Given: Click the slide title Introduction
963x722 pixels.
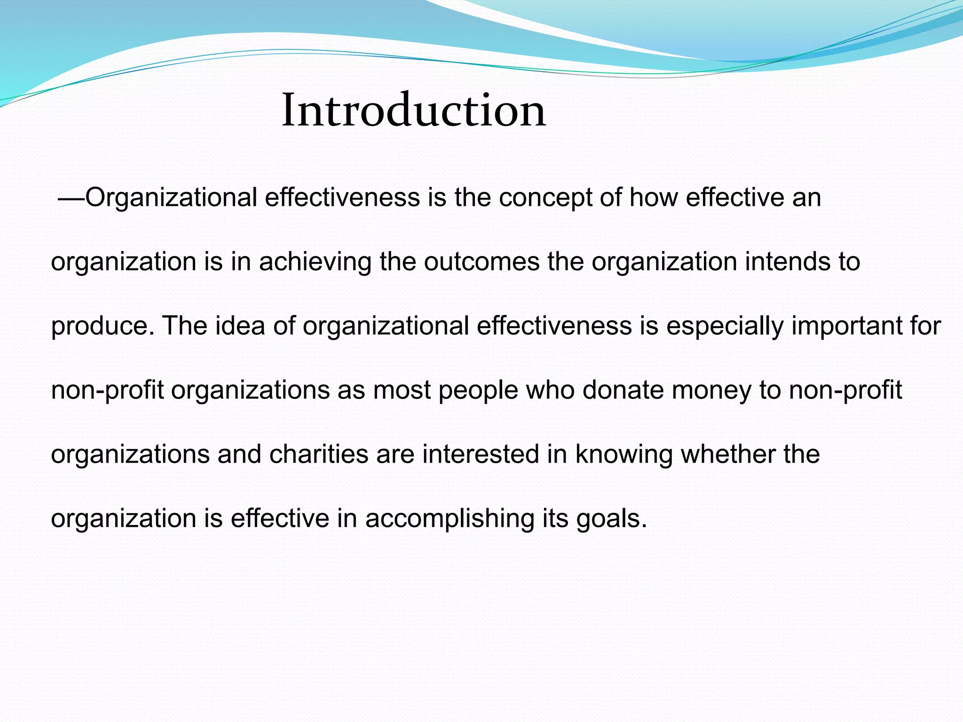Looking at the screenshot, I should click(x=413, y=110).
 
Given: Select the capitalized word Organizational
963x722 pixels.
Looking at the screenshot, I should click(x=171, y=198).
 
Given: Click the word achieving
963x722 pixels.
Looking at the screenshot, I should click(x=315, y=262).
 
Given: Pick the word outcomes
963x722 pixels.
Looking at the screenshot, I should click(x=481, y=262).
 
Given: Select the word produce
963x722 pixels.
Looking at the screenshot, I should click(x=102, y=326).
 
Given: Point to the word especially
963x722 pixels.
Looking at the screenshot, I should click(x=725, y=326).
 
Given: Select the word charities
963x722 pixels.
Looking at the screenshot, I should click(x=319, y=455).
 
